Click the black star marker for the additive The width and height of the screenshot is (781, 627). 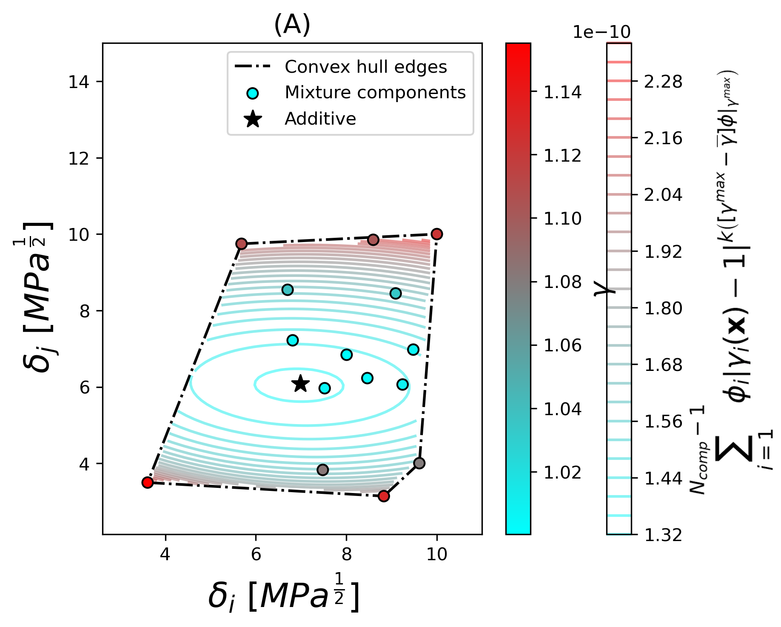[300, 383]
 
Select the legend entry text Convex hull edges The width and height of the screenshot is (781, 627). [366, 67]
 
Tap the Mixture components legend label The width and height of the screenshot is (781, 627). [375, 92]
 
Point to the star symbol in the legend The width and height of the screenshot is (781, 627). [253, 119]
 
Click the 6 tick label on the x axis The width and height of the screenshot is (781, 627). [256, 554]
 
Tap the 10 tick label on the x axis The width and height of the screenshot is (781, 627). [436, 554]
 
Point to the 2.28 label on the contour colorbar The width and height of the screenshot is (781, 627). [663, 82]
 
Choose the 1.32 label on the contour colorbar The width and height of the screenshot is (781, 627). [663, 535]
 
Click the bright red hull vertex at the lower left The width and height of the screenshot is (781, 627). [147, 482]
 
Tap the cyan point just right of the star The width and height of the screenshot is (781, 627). [325, 388]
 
